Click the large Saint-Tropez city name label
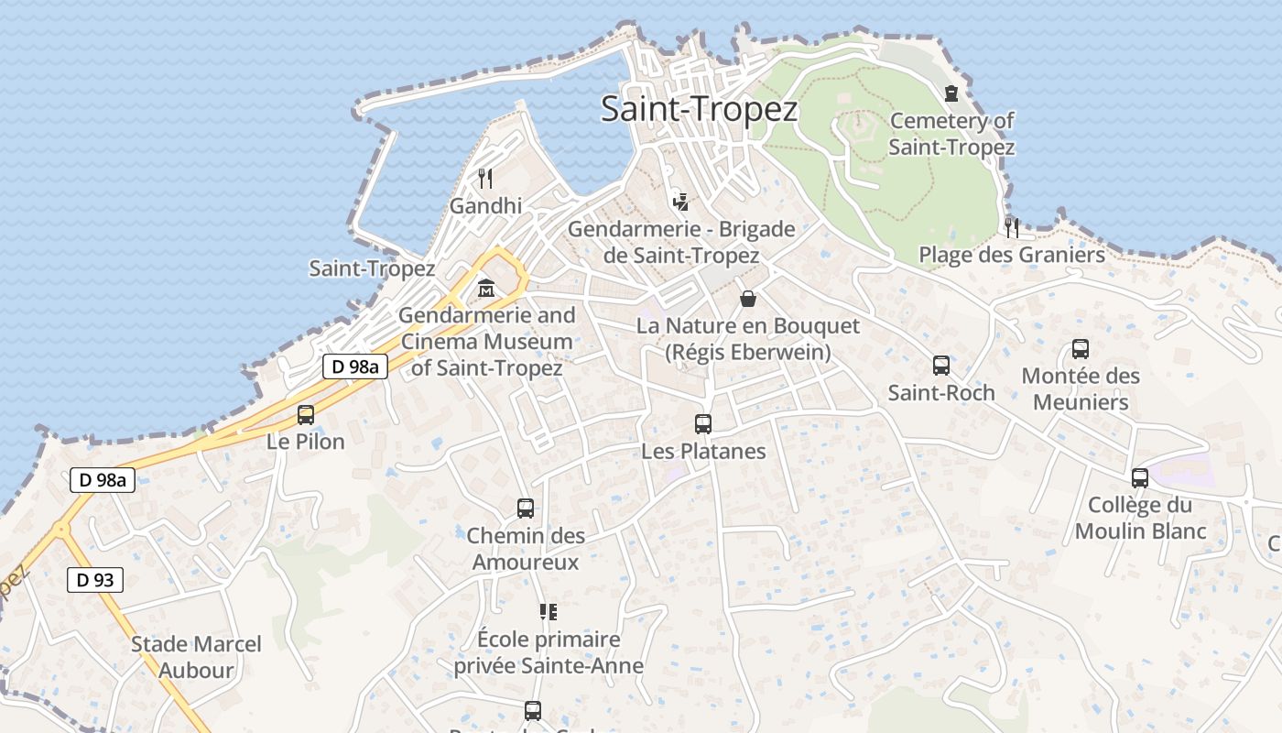point(699,109)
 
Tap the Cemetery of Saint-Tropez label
point(951,134)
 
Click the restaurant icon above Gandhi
point(485,178)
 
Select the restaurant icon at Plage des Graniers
point(1012,226)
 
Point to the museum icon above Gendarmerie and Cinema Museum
point(485,289)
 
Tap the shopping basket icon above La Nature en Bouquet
point(748,299)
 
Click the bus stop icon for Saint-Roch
point(940,366)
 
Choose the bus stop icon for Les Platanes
point(703,423)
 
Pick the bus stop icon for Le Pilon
point(306,414)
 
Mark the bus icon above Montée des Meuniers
point(1081,349)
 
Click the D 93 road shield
point(95,579)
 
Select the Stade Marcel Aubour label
point(196,657)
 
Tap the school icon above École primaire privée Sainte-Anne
point(548,611)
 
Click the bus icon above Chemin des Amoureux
point(526,508)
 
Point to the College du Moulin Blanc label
point(1140,518)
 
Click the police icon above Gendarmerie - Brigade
point(679,201)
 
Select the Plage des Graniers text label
point(1012,255)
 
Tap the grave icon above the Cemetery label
point(951,93)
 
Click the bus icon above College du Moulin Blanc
point(1140,477)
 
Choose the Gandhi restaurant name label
point(485,206)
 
